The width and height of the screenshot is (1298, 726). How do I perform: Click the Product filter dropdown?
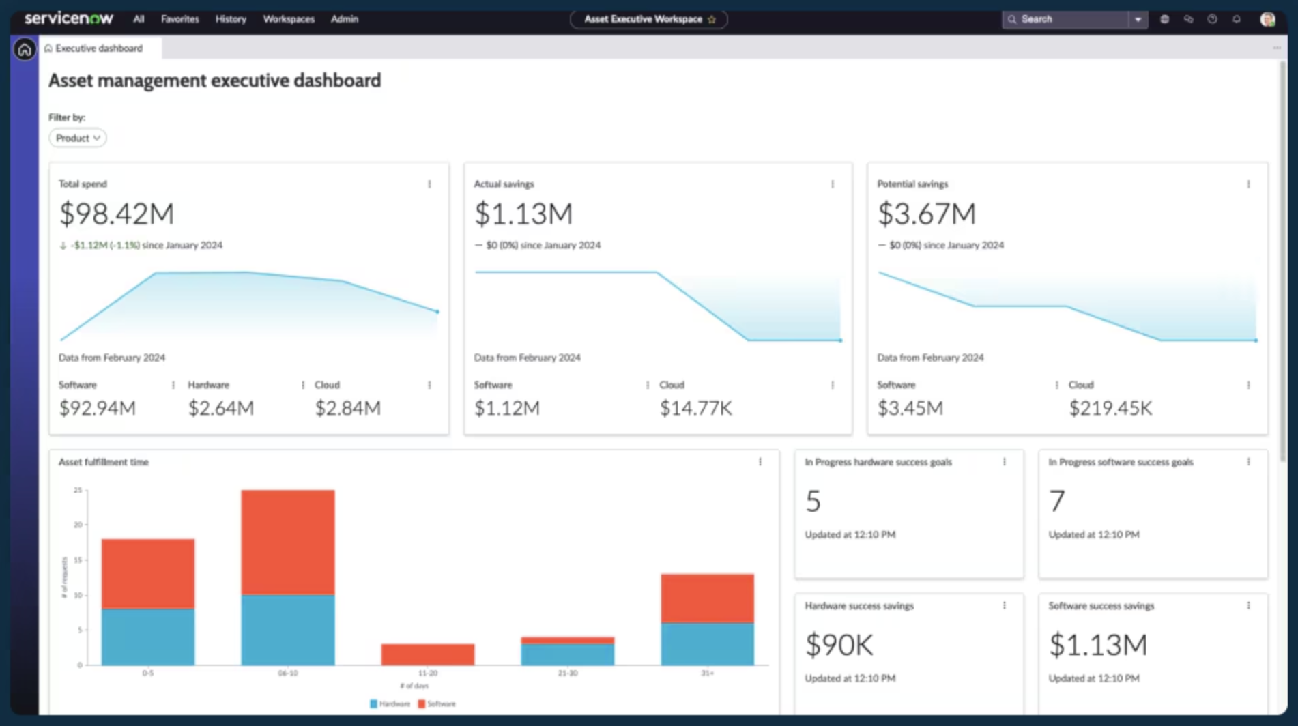click(78, 138)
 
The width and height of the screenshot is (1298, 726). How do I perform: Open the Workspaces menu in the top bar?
click(289, 19)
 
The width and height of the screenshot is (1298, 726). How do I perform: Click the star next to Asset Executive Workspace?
click(712, 20)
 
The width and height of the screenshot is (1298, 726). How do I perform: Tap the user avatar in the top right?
click(1267, 19)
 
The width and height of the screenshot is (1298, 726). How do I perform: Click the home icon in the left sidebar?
click(25, 49)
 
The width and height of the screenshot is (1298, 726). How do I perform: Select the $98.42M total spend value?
click(117, 214)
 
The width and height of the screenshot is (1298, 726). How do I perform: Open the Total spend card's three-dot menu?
click(429, 184)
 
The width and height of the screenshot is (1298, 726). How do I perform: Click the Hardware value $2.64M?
click(221, 408)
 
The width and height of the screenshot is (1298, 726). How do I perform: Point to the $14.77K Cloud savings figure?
click(695, 408)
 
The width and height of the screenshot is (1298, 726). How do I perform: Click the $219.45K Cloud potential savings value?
click(1110, 408)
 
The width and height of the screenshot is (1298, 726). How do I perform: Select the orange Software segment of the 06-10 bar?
click(288, 542)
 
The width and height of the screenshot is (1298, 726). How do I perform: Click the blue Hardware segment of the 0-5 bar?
click(148, 636)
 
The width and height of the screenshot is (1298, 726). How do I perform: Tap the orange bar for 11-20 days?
click(428, 654)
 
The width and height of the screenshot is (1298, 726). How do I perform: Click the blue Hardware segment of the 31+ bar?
click(707, 643)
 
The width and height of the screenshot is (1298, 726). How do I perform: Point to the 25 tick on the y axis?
click(78, 490)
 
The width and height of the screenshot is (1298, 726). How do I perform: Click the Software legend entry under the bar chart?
click(437, 703)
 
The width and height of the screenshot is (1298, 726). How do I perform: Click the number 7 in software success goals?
click(1056, 502)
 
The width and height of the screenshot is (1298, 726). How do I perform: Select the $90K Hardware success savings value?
click(839, 645)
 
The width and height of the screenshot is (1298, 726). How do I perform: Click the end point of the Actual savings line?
click(840, 340)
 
